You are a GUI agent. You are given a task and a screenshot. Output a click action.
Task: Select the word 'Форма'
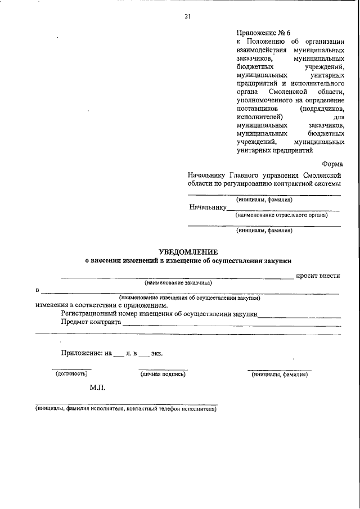click(x=332, y=164)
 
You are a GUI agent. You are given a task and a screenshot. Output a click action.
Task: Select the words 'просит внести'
click(x=318, y=276)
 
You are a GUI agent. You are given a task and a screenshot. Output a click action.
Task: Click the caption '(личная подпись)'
click(x=163, y=373)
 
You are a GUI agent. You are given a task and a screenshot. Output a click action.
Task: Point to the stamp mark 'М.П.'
click(x=97, y=388)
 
